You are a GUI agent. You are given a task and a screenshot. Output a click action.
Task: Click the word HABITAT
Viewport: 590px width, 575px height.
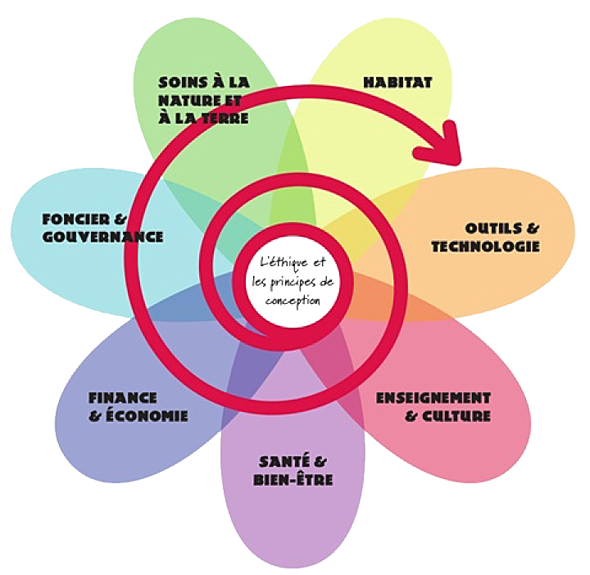(x=397, y=82)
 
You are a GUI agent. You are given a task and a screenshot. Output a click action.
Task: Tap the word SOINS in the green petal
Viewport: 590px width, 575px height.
(x=179, y=82)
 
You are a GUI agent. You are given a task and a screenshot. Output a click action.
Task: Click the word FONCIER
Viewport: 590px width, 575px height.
(x=72, y=220)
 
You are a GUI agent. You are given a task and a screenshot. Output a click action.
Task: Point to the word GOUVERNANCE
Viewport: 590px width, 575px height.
(x=102, y=237)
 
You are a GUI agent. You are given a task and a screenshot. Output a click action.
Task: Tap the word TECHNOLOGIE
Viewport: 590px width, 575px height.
(x=485, y=246)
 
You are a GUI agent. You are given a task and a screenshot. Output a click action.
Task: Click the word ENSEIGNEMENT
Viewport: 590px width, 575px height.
(x=433, y=398)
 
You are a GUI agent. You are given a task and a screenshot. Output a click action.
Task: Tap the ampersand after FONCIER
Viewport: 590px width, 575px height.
(x=120, y=220)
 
